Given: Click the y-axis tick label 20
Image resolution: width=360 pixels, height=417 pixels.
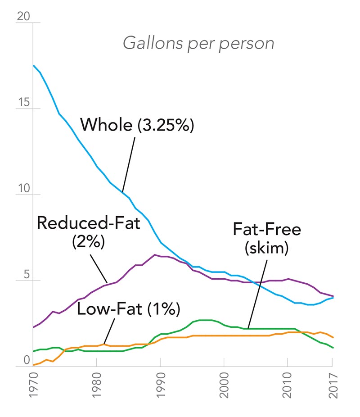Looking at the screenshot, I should (x=23, y=16).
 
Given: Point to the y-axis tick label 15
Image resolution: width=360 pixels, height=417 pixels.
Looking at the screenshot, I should (x=23, y=102).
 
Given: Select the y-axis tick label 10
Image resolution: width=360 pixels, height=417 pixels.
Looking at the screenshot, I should (x=23, y=188).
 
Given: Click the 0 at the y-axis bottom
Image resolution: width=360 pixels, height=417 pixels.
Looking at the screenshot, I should (x=26, y=360).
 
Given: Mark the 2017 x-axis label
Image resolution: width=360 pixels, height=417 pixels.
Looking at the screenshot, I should (x=332, y=386).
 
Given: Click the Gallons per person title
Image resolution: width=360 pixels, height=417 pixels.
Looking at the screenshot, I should (x=198, y=44).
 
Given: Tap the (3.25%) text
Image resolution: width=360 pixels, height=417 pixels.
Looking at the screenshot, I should (x=165, y=125).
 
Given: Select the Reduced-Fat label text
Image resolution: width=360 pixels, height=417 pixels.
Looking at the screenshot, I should (x=89, y=222).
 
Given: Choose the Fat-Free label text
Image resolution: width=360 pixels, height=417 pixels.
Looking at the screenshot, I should (x=266, y=230).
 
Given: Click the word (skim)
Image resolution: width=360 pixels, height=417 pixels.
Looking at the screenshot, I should (x=266, y=248).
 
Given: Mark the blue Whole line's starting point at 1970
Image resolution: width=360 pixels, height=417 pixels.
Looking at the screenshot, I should (x=34, y=66).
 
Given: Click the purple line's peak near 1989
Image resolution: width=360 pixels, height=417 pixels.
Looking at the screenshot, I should (x=155, y=255).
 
